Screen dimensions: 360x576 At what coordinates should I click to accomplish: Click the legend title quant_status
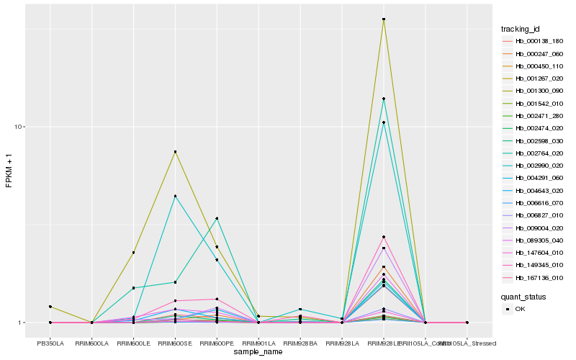[523, 296]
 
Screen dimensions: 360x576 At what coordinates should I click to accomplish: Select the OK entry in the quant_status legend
[520, 309]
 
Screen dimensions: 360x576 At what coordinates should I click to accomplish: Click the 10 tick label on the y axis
[19, 127]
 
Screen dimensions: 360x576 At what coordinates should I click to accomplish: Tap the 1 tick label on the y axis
[22, 323]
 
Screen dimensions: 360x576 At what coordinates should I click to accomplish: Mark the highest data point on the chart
[384, 19]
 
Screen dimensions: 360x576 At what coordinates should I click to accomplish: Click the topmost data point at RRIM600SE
[175, 152]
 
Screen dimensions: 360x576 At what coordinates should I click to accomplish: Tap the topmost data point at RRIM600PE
[217, 218]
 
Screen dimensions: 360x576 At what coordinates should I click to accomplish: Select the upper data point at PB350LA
[50, 307]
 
